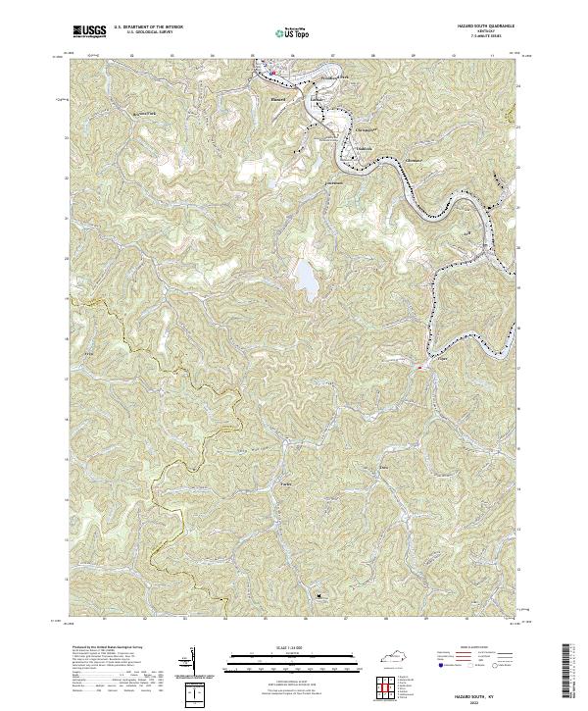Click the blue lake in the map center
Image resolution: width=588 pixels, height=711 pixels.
click(306, 282)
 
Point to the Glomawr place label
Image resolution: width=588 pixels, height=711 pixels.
click(416, 158)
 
